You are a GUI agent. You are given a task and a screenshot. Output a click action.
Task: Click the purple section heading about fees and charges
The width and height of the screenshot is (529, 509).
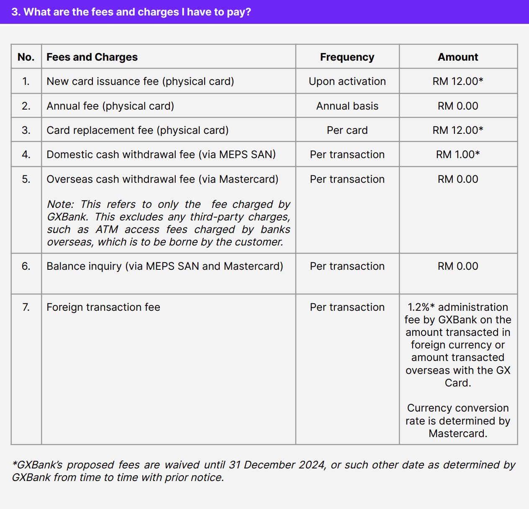pyautogui.click(x=131, y=12)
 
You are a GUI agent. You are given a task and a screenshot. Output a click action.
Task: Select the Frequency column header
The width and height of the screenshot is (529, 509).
pyautogui.click(x=347, y=57)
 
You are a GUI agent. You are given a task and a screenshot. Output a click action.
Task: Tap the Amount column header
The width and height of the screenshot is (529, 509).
pyautogui.click(x=458, y=57)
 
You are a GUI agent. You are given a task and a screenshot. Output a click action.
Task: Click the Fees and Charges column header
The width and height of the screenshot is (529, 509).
pyautogui.click(x=92, y=57)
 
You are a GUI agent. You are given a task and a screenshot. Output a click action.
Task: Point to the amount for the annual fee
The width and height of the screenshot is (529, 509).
pyautogui.click(x=458, y=106)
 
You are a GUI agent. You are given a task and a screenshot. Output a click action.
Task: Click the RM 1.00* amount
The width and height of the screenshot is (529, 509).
pyautogui.click(x=458, y=154)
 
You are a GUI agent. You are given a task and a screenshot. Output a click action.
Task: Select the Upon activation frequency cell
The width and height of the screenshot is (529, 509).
pyautogui.click(x=347, y=81)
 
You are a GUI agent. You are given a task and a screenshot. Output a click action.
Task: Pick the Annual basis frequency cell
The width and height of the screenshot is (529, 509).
pyautogui.click(x=347, y=106)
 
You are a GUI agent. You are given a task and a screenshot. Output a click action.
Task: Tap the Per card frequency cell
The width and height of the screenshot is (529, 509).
pyautogui.click(x=347, y=130)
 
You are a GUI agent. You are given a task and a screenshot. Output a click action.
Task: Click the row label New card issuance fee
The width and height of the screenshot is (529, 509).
pyautogui.click(x=140, y=81)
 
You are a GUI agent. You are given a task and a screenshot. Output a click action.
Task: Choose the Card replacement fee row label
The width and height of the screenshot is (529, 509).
pyautogui.click(x=137, y=130)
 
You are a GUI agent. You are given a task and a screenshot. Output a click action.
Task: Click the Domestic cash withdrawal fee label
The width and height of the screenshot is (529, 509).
pyautogui.click(x=161, y=154)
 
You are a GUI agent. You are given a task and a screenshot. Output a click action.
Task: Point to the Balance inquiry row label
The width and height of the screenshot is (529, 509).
pyautogui.click(x=164, y=266)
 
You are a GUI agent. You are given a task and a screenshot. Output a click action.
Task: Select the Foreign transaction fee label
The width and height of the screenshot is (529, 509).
pyautogui.click(x=103, y=307)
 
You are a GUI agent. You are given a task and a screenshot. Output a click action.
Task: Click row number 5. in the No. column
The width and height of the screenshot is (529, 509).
pyautogui.click(x=26, y=179)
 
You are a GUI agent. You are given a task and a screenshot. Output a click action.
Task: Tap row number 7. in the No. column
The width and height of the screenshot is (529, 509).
pyautogui.click(x=26, y=307)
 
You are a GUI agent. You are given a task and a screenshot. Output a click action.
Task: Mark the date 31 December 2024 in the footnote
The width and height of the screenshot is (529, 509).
pyautogui.click(x=277, y=465)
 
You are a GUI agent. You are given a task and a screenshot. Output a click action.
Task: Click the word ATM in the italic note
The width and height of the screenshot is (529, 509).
pyautogui.click(x=107, y=229)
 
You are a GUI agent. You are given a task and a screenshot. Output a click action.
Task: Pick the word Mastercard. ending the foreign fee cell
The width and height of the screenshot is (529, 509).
pyautogui.click(x=458, y=433)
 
